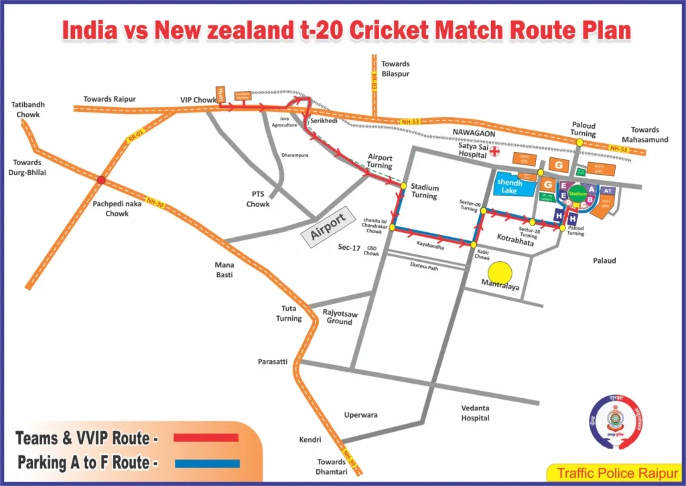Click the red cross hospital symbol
coord(496,151)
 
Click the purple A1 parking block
coord(607,191)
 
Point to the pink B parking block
coord(590,199)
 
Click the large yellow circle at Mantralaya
coord(499,272)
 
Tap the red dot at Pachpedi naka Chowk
coord(101,179)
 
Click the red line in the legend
coord(206,437)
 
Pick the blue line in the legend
coord(206,463)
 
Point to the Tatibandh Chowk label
coord(26,109)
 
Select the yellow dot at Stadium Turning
coord(404,185)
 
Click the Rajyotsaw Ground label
coord(339,317)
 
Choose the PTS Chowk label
coord(257,199)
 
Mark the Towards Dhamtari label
coord(332,466)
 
